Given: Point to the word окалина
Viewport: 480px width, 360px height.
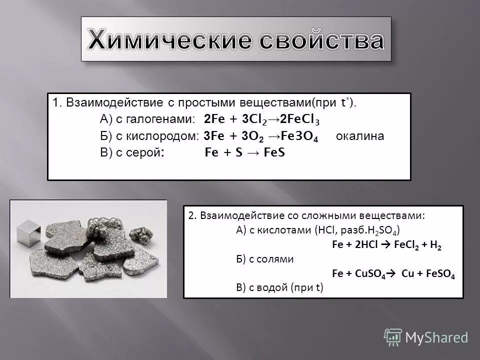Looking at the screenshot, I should (360, 136).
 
